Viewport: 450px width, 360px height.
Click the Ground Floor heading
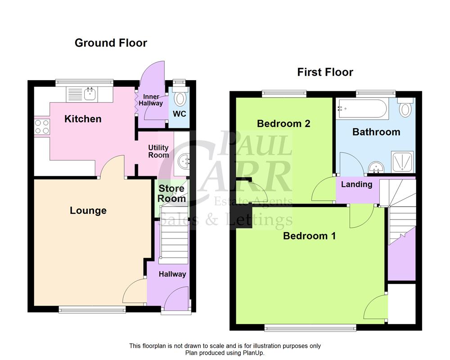click(111, 43)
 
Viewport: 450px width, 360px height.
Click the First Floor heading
click(325, 72)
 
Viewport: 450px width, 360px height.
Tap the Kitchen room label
click(83, 119)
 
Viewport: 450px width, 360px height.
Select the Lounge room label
click(88, 211)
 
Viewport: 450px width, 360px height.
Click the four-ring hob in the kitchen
click(41, 126)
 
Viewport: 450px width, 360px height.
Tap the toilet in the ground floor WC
click(180, 98)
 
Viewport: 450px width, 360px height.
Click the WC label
click(180, 114)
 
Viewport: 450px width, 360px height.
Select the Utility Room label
click(158, 151)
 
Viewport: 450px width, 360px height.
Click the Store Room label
click(171, 194)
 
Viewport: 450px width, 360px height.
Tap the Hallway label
click(172, 274)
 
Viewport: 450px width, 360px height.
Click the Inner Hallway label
click(153, 100)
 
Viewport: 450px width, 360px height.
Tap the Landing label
click(356, 184)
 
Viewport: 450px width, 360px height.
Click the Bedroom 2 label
click(283, 124)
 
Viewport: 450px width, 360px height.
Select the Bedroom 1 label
click(309, 236)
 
